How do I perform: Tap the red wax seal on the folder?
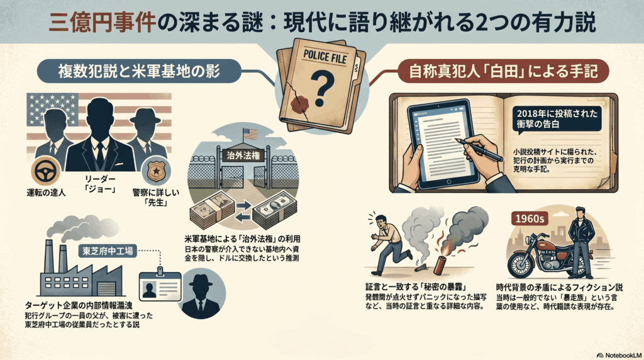(x=299, y=104)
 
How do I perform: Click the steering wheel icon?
(x=45, y=171)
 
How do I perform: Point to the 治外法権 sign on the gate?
(x=243, y=155)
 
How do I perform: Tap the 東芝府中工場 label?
(x=108, y=251)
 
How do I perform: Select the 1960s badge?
(x=530, y=218)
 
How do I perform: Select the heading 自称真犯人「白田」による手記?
(x=503, y=72)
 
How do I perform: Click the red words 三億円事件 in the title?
(x=102, y=23)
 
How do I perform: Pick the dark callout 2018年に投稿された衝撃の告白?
(x=557, y=118)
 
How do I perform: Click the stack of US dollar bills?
(x=274, y=210)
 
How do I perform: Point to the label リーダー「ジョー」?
(x=100, y=184)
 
